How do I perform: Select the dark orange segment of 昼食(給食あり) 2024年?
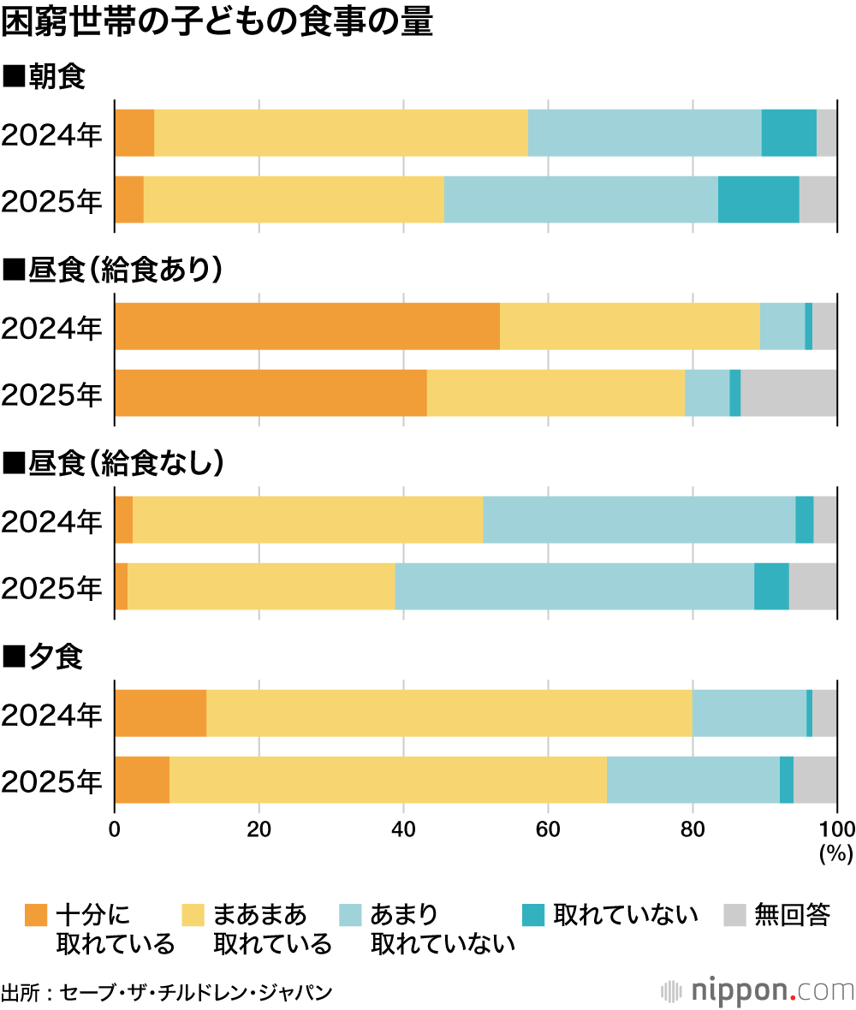306,326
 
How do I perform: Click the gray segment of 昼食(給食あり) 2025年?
788,393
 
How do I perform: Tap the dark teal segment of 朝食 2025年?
758,199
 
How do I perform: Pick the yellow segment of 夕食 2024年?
449,712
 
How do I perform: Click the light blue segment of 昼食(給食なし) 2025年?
574,586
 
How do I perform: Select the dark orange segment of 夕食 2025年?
142,779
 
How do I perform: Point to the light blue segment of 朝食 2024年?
645,134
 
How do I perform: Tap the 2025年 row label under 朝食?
51,200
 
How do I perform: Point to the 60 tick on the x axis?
548,828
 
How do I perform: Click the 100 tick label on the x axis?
837,828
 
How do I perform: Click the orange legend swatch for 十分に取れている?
36,915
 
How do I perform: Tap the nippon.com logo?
758,990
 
